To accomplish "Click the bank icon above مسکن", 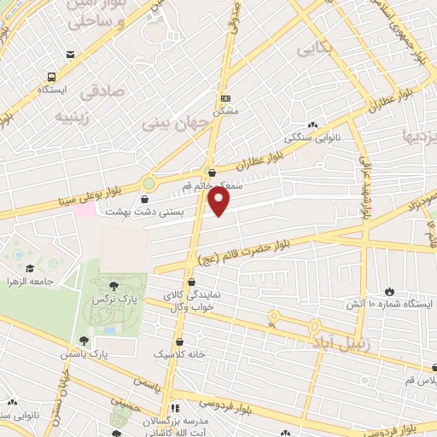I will tap(225, 98).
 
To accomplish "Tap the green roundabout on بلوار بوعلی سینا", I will tap(150, 183).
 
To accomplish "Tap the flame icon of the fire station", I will tap(391, 291).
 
